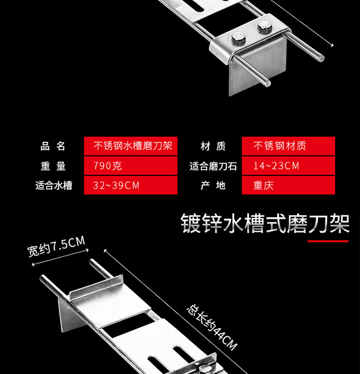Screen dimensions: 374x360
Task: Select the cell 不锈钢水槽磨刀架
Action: click(131, 146)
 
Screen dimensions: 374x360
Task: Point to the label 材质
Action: click(213, 146)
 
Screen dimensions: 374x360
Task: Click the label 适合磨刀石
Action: click(213, 166)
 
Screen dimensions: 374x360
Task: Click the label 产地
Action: click(213, 185)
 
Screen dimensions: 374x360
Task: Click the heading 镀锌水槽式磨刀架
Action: click(265, 223)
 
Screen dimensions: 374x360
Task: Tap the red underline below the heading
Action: click(328, 241)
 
